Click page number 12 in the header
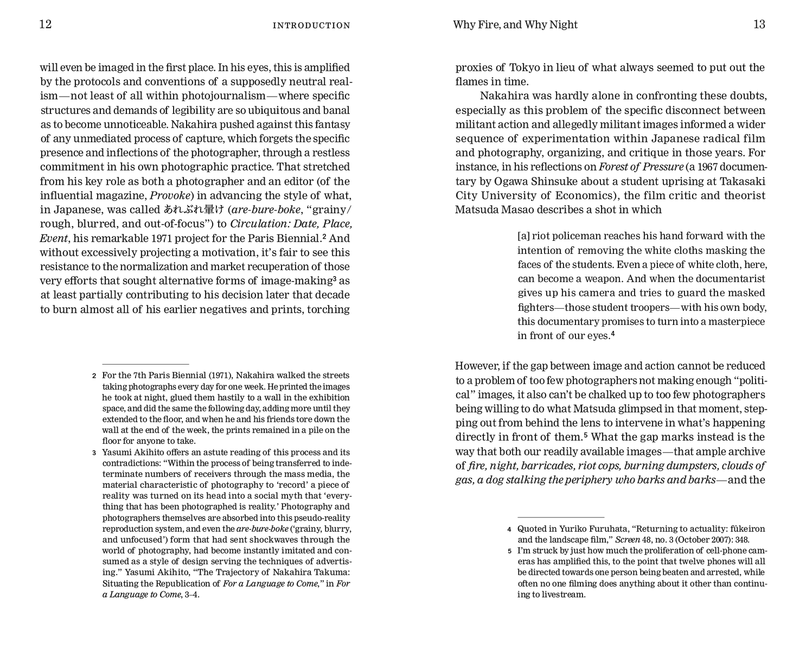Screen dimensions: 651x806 point(46,24)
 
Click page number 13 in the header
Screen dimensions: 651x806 point(759,24)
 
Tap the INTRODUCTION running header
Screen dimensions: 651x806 point(311,25)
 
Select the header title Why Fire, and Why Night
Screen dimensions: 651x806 point(515,25)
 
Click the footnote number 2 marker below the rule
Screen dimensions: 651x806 point(94,375)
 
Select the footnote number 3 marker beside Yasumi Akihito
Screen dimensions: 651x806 point(94,452)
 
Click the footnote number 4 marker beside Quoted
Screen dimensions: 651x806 point(509,529)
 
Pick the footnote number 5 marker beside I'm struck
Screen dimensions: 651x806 point(509,551)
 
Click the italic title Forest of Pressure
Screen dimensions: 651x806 point(641,167)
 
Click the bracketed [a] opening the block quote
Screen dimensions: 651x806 point(523,236)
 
